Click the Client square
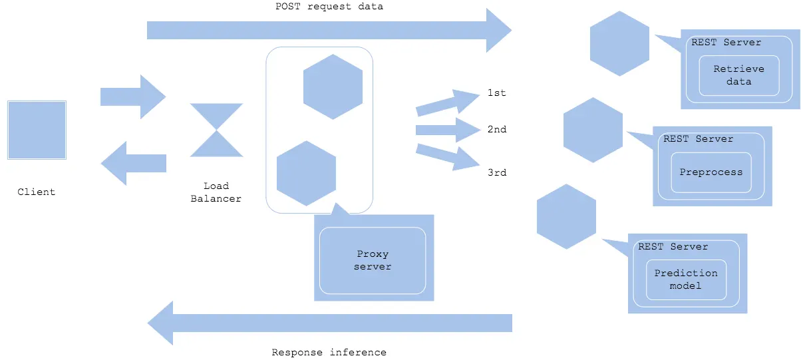pyautogui.click(x=37, y=130)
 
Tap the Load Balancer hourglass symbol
pyautogui.click(x=216, y=130)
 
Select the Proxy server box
pyautogui.click(x=373, y=261)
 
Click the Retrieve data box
pyautogui.click(x=739, y=75)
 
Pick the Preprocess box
pyautogui.click(x=711, y=172)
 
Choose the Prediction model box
pyautogui.click(x=686, y=279)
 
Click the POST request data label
pyautogui.click(x=329, y=7)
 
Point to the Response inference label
pyautogui.click(x=329, y=353)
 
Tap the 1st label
pyautogui.click(x=497, y=93)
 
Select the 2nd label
pyautogui.click(x=497, y=129)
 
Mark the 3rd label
pyautogui.click(x=497, y=172)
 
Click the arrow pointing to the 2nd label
pyautogui.click(x=448, y=130)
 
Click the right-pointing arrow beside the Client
pyautogui.click(x=133, y=96)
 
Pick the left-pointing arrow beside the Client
pyautogui.click(x=133, y=164)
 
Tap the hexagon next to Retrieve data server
pyautogui.click(x=619, y=43)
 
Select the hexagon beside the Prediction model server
pyautogui.click(x=566, y=217)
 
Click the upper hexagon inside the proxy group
pyautogui.click(x=333, y=87)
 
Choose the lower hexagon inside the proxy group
pyautogui.click(x=307, y=174)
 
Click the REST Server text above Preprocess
pyautogui.click(x=699, y=138)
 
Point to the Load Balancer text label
pyautogui.click(x=216, y=192)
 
